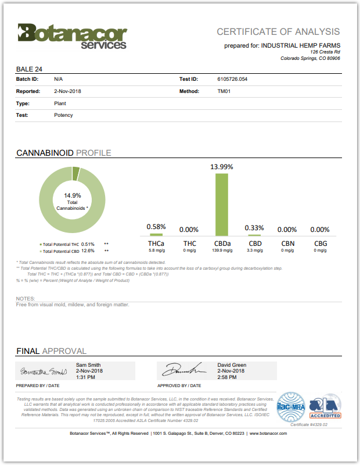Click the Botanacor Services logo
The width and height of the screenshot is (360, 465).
click(x=72, y=35)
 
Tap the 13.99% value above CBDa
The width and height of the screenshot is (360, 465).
click(x=222, y=167)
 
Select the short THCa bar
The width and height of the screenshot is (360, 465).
click(x=156, y=234)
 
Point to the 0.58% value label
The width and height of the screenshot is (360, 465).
click(x=156, y=227)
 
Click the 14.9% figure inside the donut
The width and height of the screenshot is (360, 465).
click(x=73, y=195)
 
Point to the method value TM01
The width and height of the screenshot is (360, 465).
click(x=224, y=91)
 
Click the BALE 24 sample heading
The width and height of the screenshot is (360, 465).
click(x=29, y=69)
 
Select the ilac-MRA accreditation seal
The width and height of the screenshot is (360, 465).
click(x=290, y=405)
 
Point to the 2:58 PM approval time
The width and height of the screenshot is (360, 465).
click(x=227, y=377)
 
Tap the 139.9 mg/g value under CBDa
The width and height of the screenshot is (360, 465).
click(x=222, y=251)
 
